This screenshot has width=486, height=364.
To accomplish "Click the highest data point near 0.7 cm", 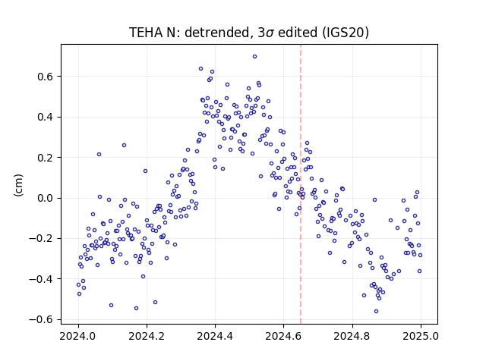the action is click(x=254, y=57).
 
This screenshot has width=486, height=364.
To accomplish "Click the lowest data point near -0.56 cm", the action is click(x=377, y=312).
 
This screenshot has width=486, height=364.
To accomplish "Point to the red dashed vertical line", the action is click(x=301, y=184).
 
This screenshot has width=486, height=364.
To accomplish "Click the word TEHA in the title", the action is click(x=146, y=33).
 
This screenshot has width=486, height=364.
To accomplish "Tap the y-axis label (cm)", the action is click(x=18, y=185).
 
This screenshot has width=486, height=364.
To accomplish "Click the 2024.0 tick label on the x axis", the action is click(x=78, y=336).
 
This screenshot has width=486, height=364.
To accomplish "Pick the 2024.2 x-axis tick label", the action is click(x=147, y=336).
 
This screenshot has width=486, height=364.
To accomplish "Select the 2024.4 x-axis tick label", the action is click(x=215, y=336).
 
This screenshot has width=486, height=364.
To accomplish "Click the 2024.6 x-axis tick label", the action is click(x=283, y=336).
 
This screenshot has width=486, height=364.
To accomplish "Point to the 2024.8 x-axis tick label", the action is click(x=352, y=336).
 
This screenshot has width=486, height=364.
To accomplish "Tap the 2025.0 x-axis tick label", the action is click(x=421, y=336).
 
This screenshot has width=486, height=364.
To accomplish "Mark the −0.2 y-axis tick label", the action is click(x=43, y=239).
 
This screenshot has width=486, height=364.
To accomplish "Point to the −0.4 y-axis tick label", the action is click(x=43, y=279).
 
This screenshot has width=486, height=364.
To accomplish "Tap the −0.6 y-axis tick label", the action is click(x=43, y=320).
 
